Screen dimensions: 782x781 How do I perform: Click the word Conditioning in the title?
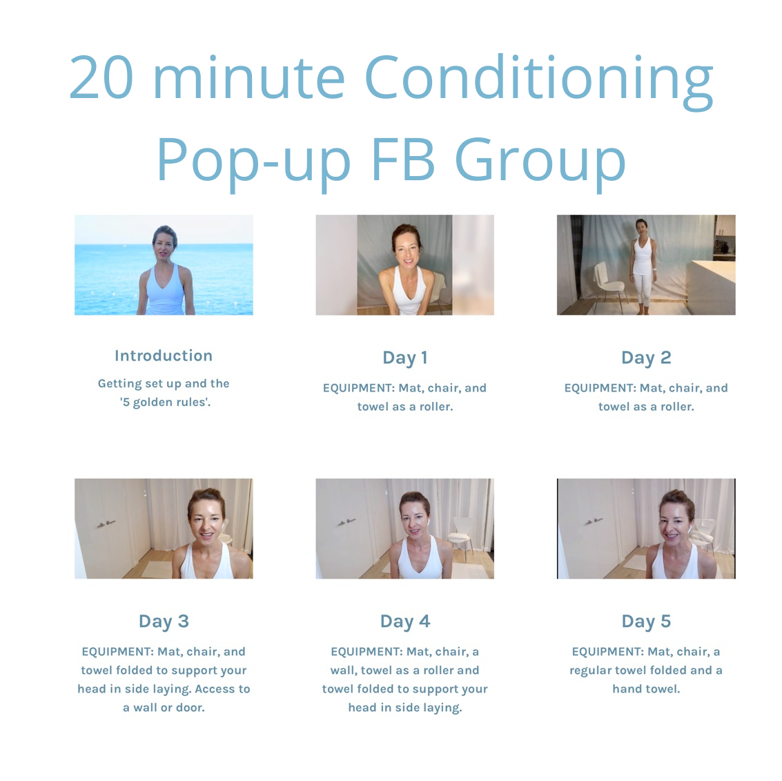pyautogui.click(x=538, y=81)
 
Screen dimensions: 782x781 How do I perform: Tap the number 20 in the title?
pyautogui.click(x=101, y=77)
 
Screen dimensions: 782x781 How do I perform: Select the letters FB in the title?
pyautogui.click(x=404, y=160)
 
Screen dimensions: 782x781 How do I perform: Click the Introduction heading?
pyautogui.click(x=164, y=356)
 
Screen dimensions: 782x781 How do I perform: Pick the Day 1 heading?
pyautogui.click(x=405, y=358)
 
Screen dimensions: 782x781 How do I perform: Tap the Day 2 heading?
pyautogui.click(x=646, y=358)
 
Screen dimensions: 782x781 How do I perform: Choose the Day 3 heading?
pyautogui.click(x=164, y=621)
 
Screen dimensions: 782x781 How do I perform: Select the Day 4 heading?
pyautogui.click(x=405, y=621)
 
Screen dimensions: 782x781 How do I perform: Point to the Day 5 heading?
pyautogui.click(x=646, y=621)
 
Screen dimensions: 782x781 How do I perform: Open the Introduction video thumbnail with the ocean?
pyautogui.click(x=164, y=265)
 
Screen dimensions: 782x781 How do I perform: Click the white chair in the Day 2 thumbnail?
pyautogui.click(x=609, y=285)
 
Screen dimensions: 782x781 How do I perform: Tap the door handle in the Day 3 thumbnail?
pyautogui.click(x=106, y=524)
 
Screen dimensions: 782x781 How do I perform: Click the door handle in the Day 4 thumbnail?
pyautogui.click(x=346, y=522)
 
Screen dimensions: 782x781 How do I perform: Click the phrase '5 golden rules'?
pyautogui.click(x=165, y=402)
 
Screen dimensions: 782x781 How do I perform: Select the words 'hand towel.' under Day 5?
pyautogui.click(x=646, y=689)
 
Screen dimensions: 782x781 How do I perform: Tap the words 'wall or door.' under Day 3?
pyautogui.click(x=169, y=708)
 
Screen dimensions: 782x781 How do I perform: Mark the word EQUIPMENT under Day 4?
pyautogui.click(x=369, y=652)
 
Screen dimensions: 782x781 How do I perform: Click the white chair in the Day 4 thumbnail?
pyautogui.click(x=461, y=537)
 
